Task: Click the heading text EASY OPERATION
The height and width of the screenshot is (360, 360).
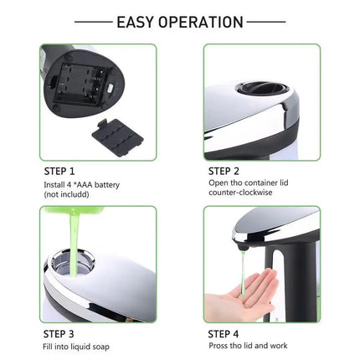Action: pos(180,22)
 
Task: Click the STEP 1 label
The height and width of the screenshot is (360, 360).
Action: pos(59,170)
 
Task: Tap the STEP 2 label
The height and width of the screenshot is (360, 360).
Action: pos(227,170)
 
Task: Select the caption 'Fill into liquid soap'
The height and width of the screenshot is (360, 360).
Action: pos(76,346)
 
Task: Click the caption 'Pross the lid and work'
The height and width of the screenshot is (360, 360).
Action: pos(249,346)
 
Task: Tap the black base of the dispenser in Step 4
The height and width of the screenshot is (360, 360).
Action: pos(298,276)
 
